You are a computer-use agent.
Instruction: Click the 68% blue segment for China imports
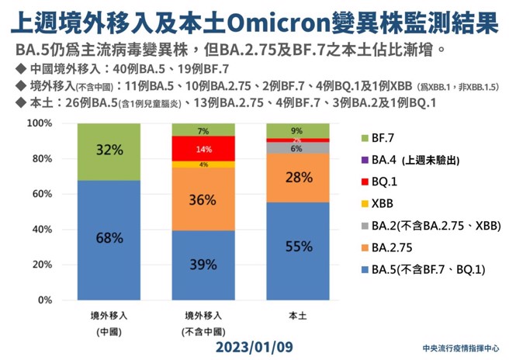[109, 240]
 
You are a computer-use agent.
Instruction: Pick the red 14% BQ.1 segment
[203, 148]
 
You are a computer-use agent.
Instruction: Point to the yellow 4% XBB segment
[203, 164]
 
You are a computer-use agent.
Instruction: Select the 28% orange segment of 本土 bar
[298, 178]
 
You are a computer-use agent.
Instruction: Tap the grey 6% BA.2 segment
[298, 147]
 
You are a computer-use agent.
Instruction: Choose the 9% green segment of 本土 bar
[298, 131]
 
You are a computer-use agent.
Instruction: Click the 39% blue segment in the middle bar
[203, 265]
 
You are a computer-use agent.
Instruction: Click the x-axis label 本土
[298, 316]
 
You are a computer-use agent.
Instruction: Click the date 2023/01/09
[254, 342]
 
